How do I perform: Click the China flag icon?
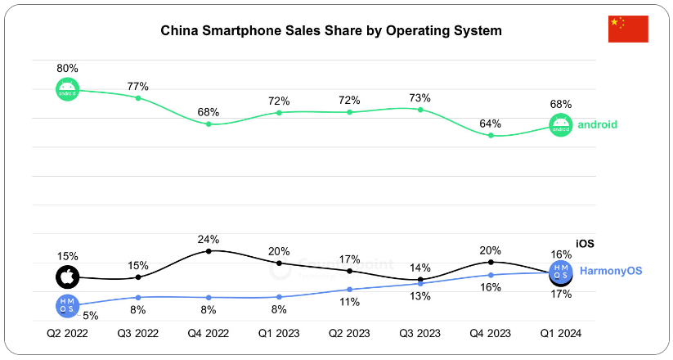tap(628, 29)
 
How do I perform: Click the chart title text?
tap(330, 31)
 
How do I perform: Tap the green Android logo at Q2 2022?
tap(68, 90)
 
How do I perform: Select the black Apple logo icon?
tap(68, 277)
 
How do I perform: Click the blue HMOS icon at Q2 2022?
tap(68, 306)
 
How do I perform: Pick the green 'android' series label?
tap(597, 125)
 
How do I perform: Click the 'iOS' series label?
tap(585, 243)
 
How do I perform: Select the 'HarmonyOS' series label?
tap(610, 271)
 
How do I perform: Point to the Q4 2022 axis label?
tap(209, 333)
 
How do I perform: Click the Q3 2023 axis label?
tap(420, 333)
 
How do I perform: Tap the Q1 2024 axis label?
tap(560, 333)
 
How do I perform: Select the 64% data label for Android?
tap(491, 123)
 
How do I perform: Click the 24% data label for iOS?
tap(209, 239)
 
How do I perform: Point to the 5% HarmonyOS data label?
tap(91, 315)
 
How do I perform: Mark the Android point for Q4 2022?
tap(209, 124)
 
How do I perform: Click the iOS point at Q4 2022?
tap(209, 251)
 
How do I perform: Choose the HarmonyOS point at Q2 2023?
tap(349, 290)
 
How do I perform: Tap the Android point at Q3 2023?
tap(420, 109)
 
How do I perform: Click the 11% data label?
tap(349, 302)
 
